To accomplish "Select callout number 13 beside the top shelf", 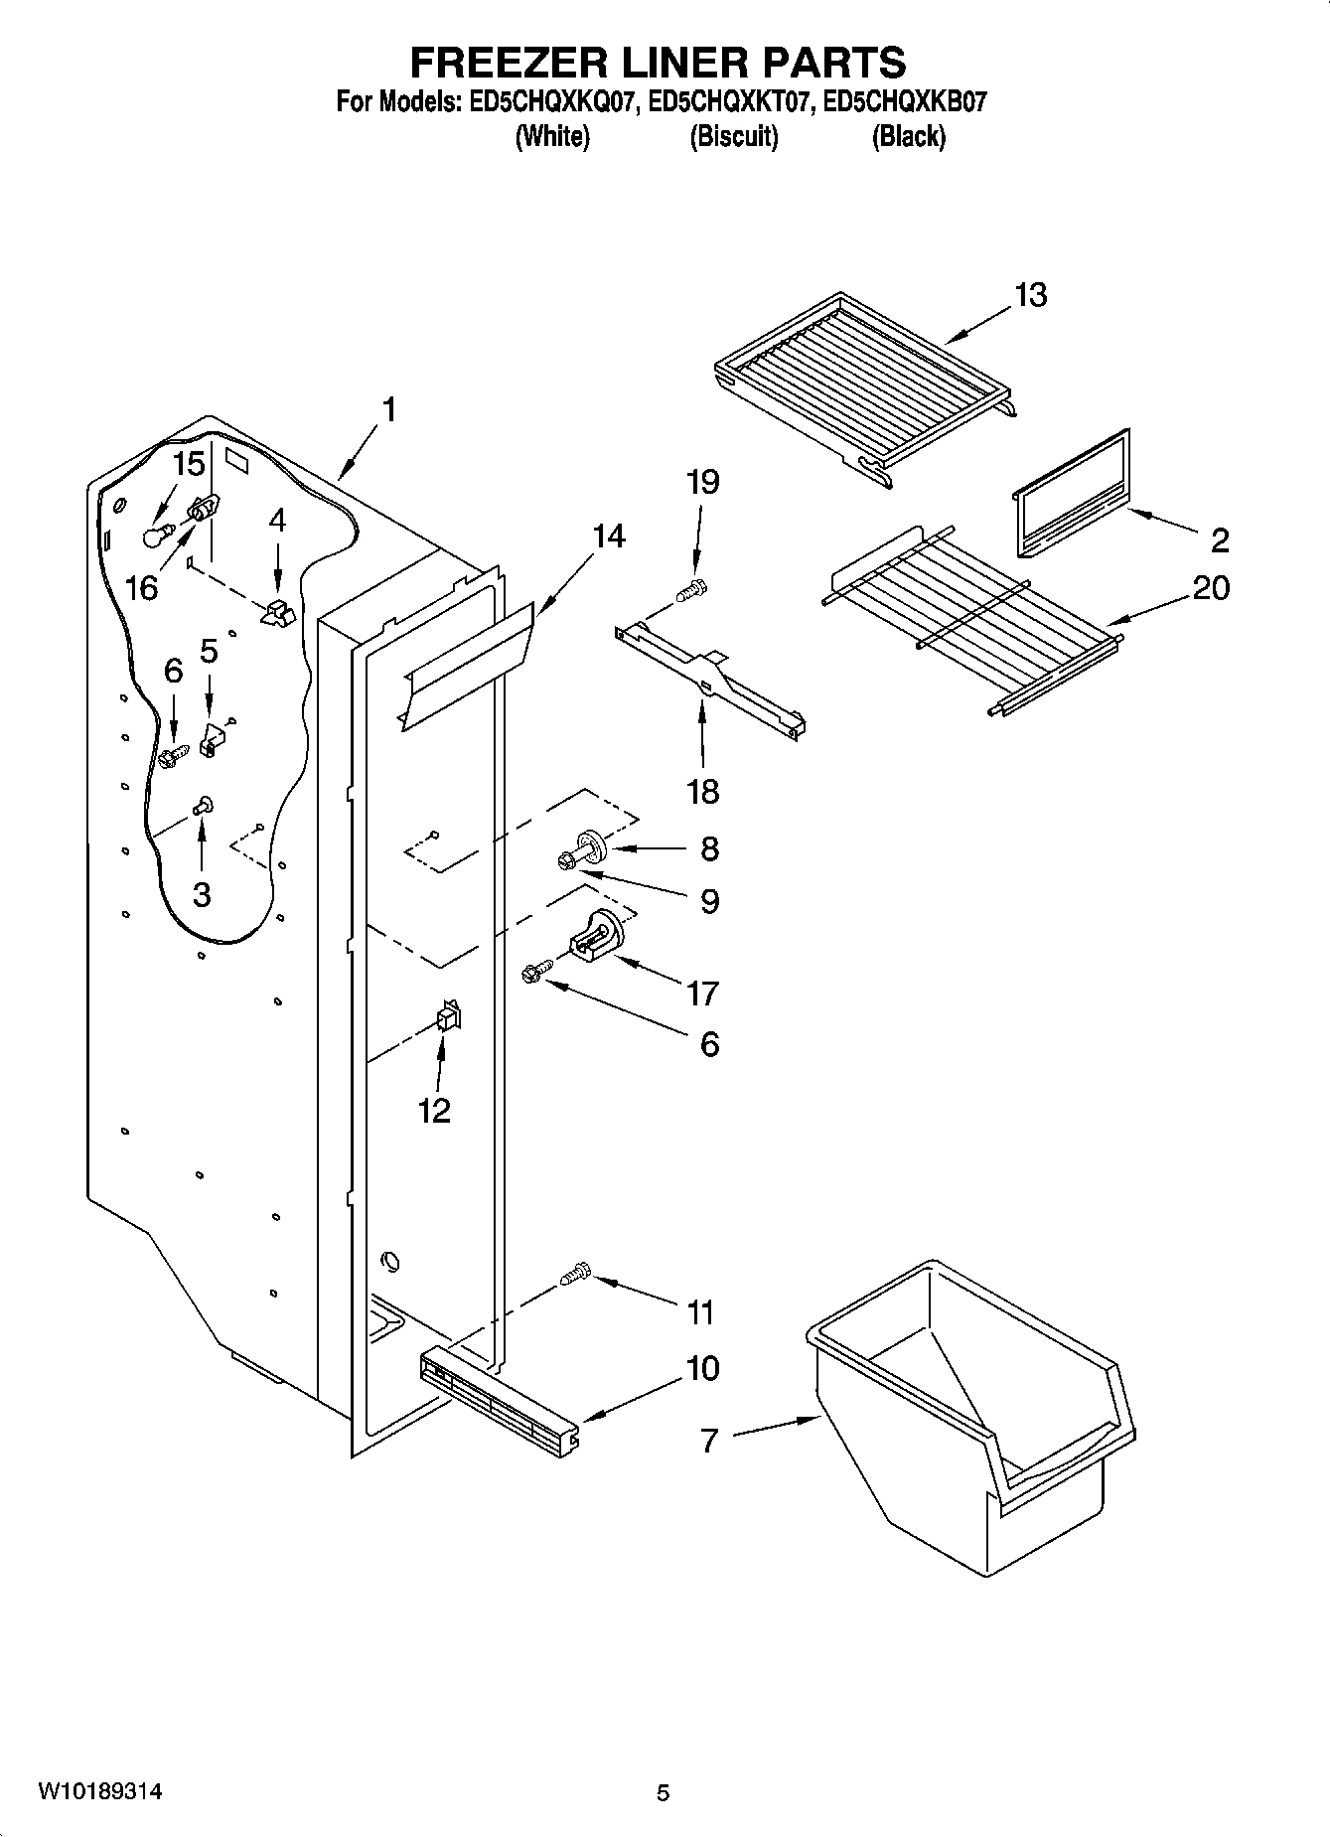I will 1031,295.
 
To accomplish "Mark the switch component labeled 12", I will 448,1017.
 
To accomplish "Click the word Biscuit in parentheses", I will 733,136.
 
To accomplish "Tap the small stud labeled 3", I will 204,804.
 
